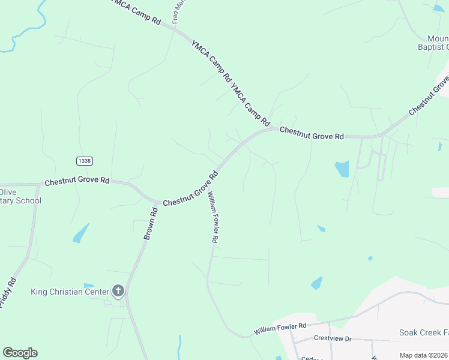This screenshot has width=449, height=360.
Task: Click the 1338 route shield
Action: click(85, 161)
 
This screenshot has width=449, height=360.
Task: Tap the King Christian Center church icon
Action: click(118, 292)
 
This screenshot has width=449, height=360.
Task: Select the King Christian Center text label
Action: click(70, 292)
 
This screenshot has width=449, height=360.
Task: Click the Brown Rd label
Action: click(150, 223)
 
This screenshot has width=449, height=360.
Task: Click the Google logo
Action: click(20, 353)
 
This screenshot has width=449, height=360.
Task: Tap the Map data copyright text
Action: click(423, 355)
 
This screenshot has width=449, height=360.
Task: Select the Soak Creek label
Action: click(424, 332)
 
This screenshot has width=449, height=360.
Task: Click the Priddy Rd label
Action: click(7, 293)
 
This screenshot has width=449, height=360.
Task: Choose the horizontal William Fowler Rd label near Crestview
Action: click(280, 329)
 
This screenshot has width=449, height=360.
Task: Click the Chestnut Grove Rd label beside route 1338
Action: click(77, 181)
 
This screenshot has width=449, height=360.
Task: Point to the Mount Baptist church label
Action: click(433, 42)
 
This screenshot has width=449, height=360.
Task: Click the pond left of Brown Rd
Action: click(80, 233)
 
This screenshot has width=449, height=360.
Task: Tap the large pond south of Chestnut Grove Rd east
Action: click(342, 169)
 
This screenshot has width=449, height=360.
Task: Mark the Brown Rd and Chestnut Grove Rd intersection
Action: click(158, 202)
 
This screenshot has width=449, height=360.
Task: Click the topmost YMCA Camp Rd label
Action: click(137, 12)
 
